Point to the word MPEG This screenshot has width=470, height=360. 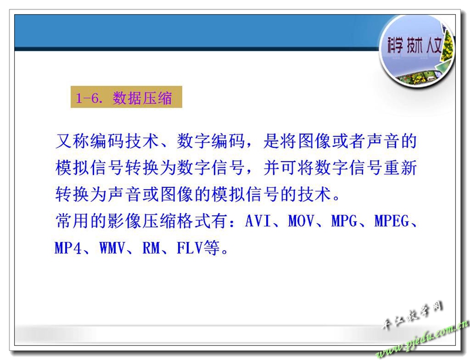(391, 221)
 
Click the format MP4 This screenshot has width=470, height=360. (68, 248)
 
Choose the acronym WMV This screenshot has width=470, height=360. (112, 248)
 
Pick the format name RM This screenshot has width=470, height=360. (151, 248)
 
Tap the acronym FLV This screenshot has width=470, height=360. (190, 248)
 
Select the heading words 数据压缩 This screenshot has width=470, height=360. (142, 97)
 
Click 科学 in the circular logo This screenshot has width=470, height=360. (394, 46)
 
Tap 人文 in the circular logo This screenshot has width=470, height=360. (434, 46)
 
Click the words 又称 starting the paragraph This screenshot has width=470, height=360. (73, 141)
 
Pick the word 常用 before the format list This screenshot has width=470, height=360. (73, 221)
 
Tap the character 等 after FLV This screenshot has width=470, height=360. (211, 248)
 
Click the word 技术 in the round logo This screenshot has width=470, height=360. (415, 46)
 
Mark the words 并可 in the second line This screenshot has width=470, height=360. (281, 167)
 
